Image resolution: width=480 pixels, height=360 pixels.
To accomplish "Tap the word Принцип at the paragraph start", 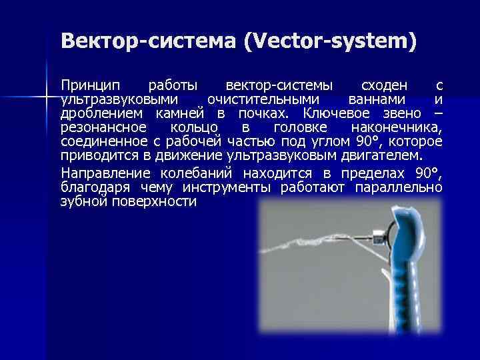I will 91,86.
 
